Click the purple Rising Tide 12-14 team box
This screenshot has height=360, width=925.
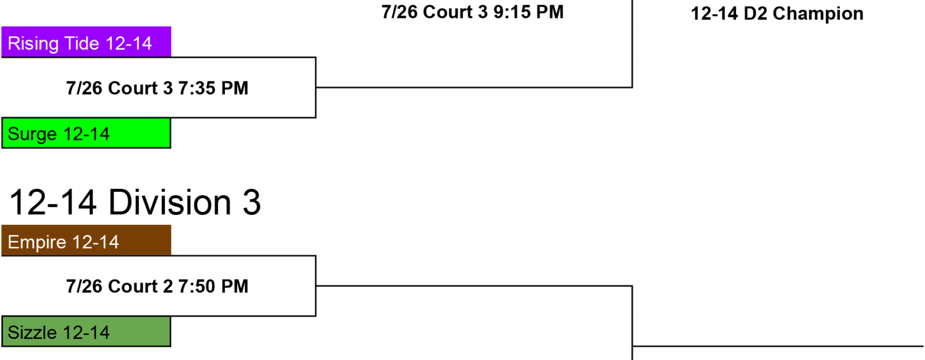86,42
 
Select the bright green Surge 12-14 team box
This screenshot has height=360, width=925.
86,133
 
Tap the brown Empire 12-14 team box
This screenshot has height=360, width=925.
86,240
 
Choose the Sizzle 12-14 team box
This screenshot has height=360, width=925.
86,332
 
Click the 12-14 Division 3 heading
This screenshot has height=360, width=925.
135,202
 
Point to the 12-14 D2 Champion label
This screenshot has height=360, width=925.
777,14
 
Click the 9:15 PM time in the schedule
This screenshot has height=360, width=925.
528,12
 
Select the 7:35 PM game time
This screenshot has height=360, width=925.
213,88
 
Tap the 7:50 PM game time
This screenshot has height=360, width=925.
213,286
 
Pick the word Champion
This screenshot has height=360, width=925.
818,14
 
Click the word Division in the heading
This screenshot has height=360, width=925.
170,202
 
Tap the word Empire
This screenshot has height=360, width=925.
37,242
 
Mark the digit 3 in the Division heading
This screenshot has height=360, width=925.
252,202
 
